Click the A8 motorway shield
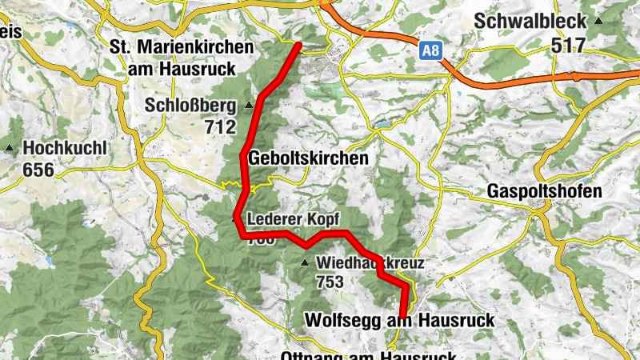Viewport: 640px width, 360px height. point(430,51)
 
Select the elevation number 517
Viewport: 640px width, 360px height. point(569,45)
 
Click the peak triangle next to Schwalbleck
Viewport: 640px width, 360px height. point(598,19)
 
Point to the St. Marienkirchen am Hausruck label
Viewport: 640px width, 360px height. point(184,58)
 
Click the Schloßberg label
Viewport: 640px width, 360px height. point(190,106)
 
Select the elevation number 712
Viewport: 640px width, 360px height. point(220,127)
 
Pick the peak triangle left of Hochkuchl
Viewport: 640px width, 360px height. point(10,148)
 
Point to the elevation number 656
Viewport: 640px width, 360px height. point(39,170)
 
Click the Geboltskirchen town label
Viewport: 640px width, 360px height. point(309,158)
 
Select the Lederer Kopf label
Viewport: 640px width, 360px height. point(294,218)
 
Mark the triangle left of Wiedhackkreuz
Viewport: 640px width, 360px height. point(304,262)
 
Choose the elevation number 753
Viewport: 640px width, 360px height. point(330,282)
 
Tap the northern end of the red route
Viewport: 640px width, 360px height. point(298,45)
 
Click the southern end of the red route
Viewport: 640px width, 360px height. point(402,315)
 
